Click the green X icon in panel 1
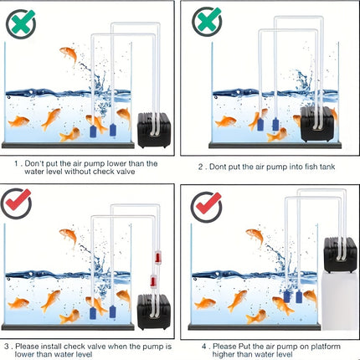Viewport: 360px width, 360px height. click(21, 24)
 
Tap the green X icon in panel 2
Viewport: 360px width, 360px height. click(207, 22)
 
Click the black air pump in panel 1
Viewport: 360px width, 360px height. click(154, 130)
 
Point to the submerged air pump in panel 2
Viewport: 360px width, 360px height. click(317, 124)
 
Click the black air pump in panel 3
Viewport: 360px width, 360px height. click(154, 312)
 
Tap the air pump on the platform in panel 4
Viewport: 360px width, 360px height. click(340, 255)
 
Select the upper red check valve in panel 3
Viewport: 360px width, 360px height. click(158, 258)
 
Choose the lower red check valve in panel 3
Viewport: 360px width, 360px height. click(153, 281)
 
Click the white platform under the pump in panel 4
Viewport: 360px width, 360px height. click(340, 301)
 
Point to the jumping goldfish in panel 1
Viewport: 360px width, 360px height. click(69, 54)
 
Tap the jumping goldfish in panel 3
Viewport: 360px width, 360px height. click(69, 237)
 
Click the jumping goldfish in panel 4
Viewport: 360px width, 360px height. click(255, 237)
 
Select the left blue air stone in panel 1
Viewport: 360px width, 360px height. click(93, 131)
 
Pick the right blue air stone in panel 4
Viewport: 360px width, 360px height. click(299, 297)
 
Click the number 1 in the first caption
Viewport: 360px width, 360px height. click(17, 163)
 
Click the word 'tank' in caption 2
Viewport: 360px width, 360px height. click(327, 167)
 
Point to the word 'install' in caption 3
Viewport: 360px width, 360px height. click(51, 347)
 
